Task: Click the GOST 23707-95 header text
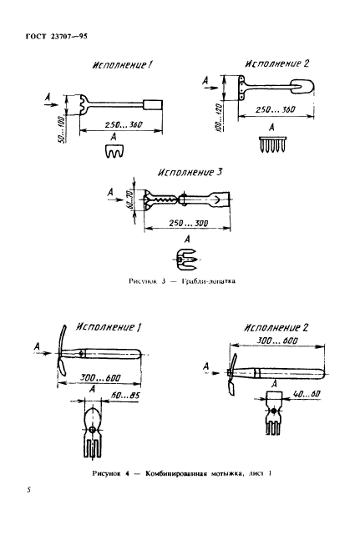(57, 36)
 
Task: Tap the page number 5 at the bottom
(28, 490)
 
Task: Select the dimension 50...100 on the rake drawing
(61, 129)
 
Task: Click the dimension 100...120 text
(218, 117)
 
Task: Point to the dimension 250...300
(189, 223)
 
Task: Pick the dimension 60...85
(125, 396)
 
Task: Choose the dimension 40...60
(306, 394)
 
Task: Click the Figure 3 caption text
(182, 281)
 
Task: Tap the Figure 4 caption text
(182, 473)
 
